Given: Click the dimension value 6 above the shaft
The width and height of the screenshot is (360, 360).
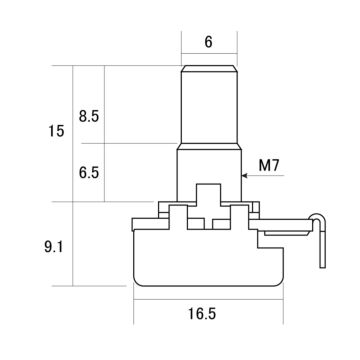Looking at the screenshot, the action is [x=208, y=42].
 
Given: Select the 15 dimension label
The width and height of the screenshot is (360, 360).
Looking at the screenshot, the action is [x=56, y=131].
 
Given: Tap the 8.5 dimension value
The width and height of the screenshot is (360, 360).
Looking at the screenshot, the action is [x=89, y=117].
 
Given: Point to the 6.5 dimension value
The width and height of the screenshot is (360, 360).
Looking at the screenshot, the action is [x=89, y=173].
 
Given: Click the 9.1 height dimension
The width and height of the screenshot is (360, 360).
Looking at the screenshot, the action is [x=54, y=247].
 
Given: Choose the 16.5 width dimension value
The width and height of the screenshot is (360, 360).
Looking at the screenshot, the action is [x=202, y=314].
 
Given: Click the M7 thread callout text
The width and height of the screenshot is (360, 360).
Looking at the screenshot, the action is [x=269, y=166].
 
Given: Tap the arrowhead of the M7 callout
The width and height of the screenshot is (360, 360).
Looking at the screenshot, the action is [x=244, y=175].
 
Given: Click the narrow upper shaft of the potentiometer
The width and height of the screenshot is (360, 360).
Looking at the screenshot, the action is [x=209, y=104].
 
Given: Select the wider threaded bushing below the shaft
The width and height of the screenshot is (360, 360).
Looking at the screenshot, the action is [x=209, y=172].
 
